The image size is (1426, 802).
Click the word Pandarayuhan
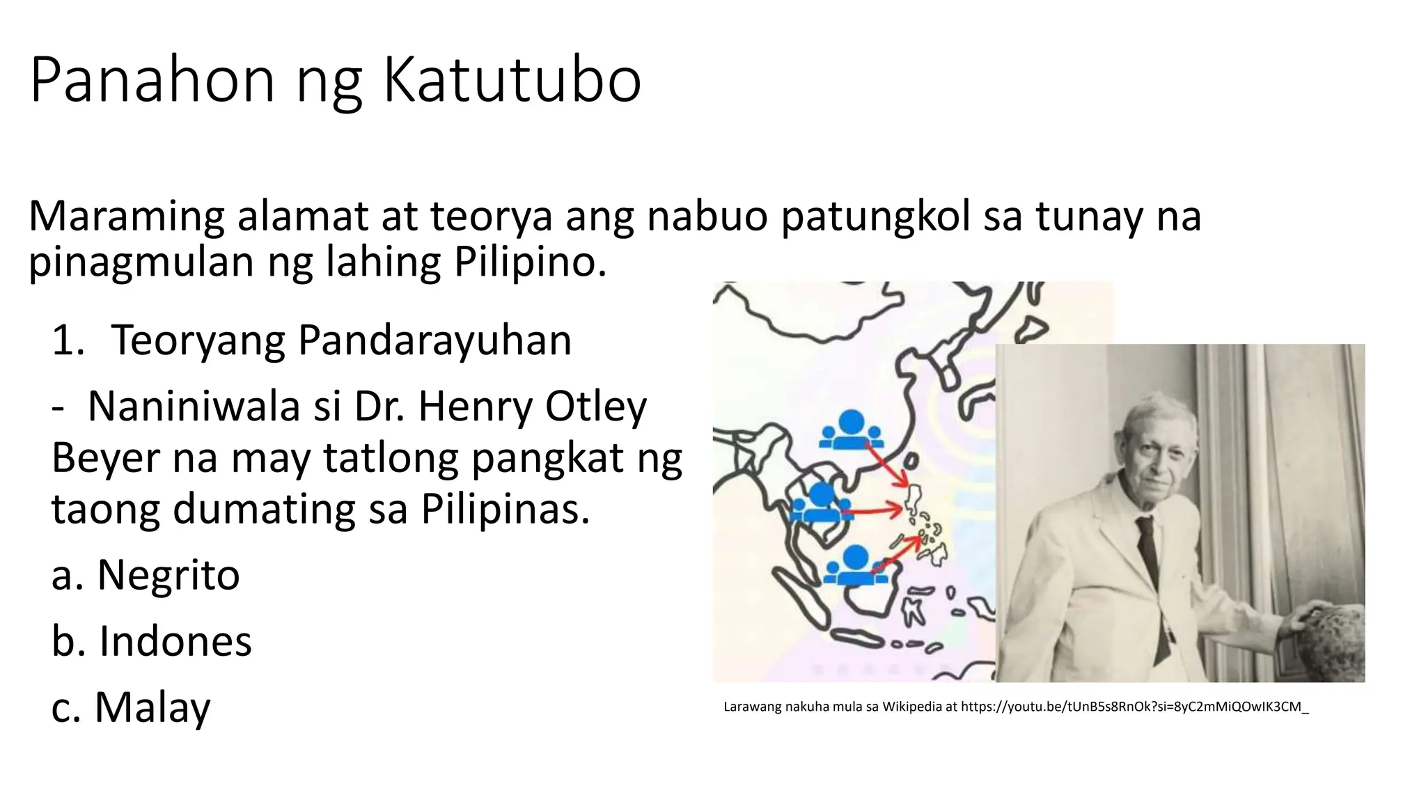(x=434, y=340)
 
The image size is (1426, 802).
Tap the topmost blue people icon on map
(x=852, y=430)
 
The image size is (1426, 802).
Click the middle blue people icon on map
(x=822, y=503)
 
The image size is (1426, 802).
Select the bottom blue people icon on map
(x=855, y=565)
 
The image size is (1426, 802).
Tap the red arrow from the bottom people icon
(x=898, y=553)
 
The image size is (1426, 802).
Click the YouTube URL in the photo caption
(x=1134, y=707)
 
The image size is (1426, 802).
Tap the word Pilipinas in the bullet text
(x=506, y=510)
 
